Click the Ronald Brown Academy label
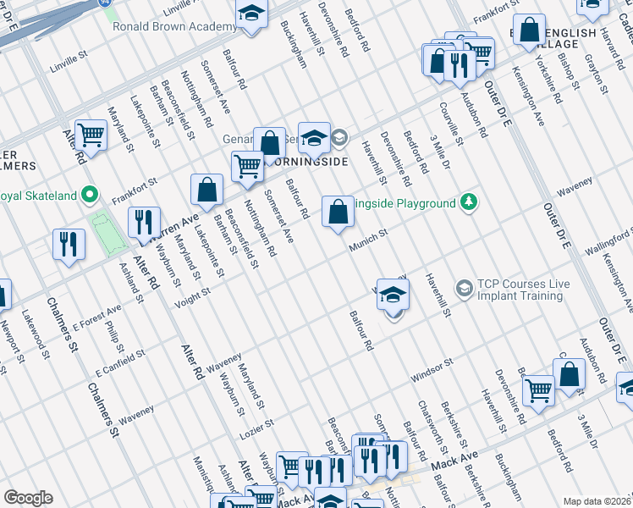[174, 26]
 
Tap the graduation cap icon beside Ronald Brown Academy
[251, 15]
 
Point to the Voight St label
[192, 296]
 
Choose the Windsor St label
[432, 367]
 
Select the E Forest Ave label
[97, 319]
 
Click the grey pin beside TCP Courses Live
[464, 289]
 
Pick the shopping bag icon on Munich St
[338, 212]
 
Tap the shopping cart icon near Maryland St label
[90, 135]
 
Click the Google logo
[29, 498]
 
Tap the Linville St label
[69, 62]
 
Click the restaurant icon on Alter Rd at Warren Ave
[144, 223]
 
